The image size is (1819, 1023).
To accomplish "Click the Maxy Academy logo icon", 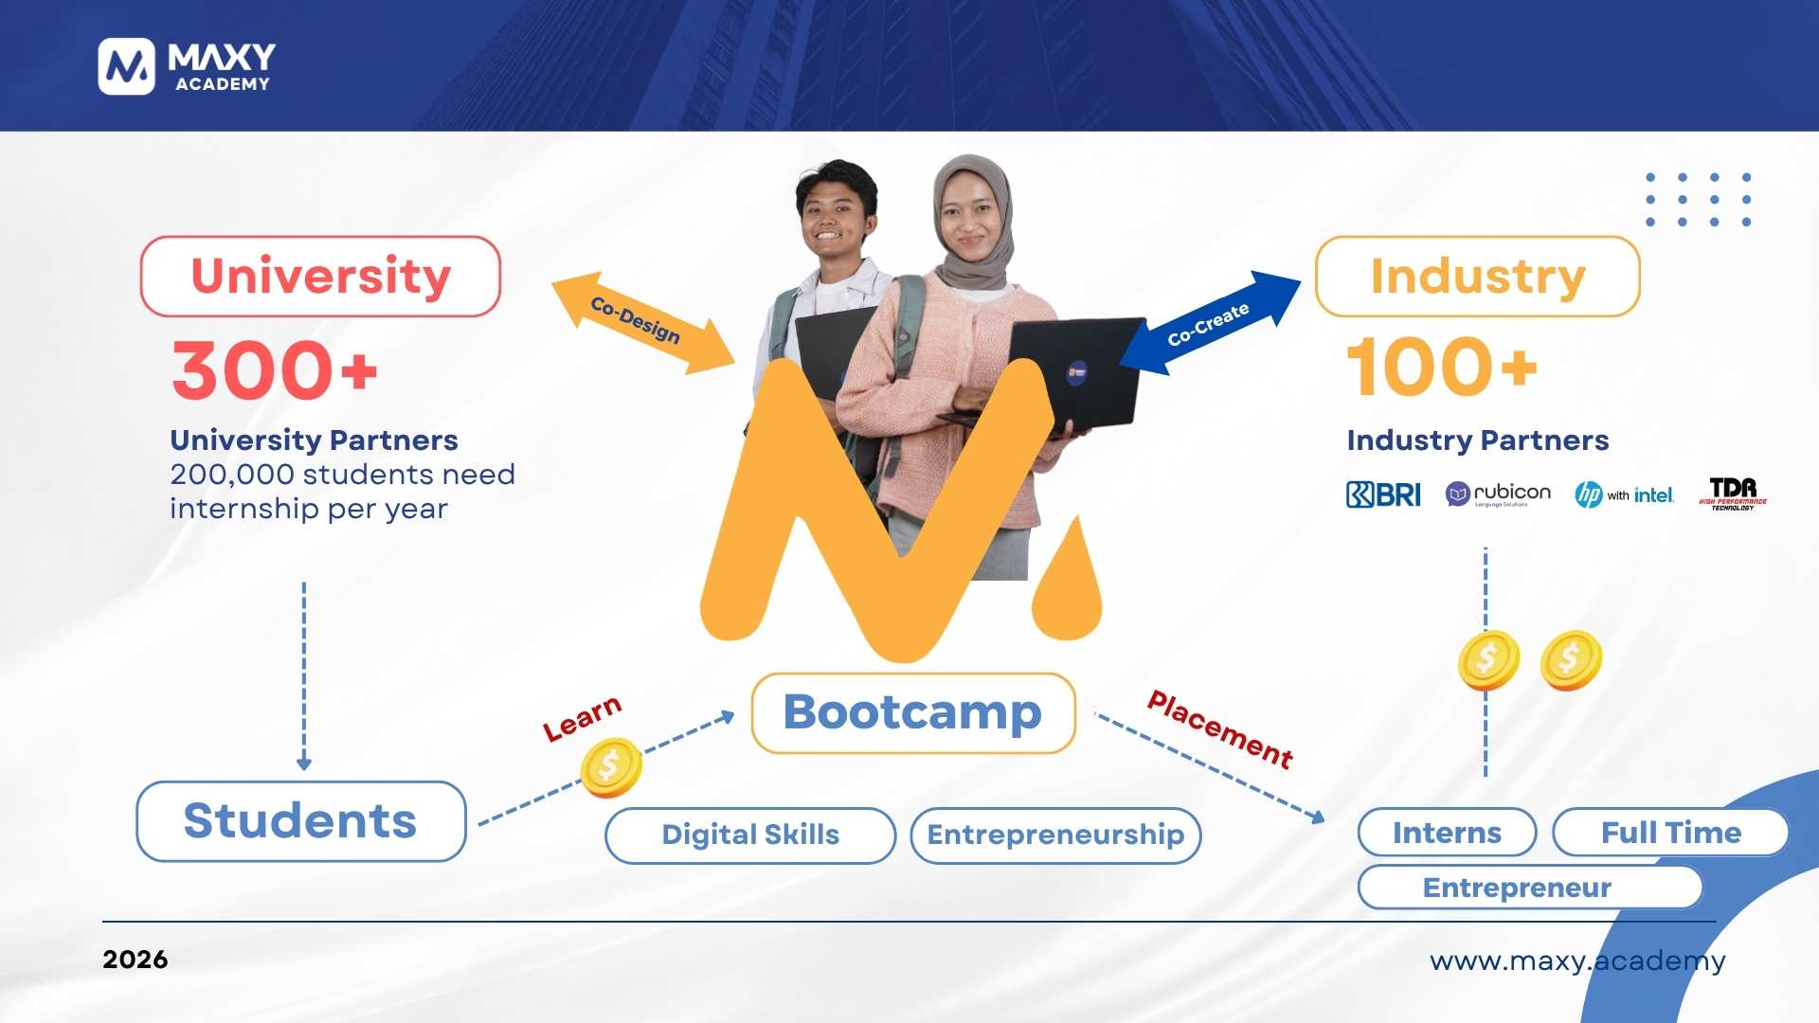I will [126, 66].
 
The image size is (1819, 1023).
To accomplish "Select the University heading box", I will [320, 277].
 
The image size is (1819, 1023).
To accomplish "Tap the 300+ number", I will [275, 370].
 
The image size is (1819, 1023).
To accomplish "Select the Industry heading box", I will [1477, 277].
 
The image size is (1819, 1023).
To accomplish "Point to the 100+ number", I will [1441, 368].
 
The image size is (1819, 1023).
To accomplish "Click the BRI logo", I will [1383, 494].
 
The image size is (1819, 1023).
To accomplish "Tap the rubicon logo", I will [1498, 494].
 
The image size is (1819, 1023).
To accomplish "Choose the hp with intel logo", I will [1624, 494].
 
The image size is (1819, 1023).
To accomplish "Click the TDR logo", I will [1733, 493].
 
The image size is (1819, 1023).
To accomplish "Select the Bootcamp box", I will [913, 713].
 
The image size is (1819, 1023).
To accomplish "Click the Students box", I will [301, 821].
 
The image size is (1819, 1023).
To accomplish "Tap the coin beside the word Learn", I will [611, 766].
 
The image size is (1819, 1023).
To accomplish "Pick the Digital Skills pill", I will [750, 835].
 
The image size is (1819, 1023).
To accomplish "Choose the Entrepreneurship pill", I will [1055, 835].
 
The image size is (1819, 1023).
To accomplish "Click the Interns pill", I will [1447, 833].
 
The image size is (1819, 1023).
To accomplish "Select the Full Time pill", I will [1670, 833].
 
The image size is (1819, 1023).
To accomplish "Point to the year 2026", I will [135, 960].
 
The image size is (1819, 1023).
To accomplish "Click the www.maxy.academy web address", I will [1577, 960].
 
